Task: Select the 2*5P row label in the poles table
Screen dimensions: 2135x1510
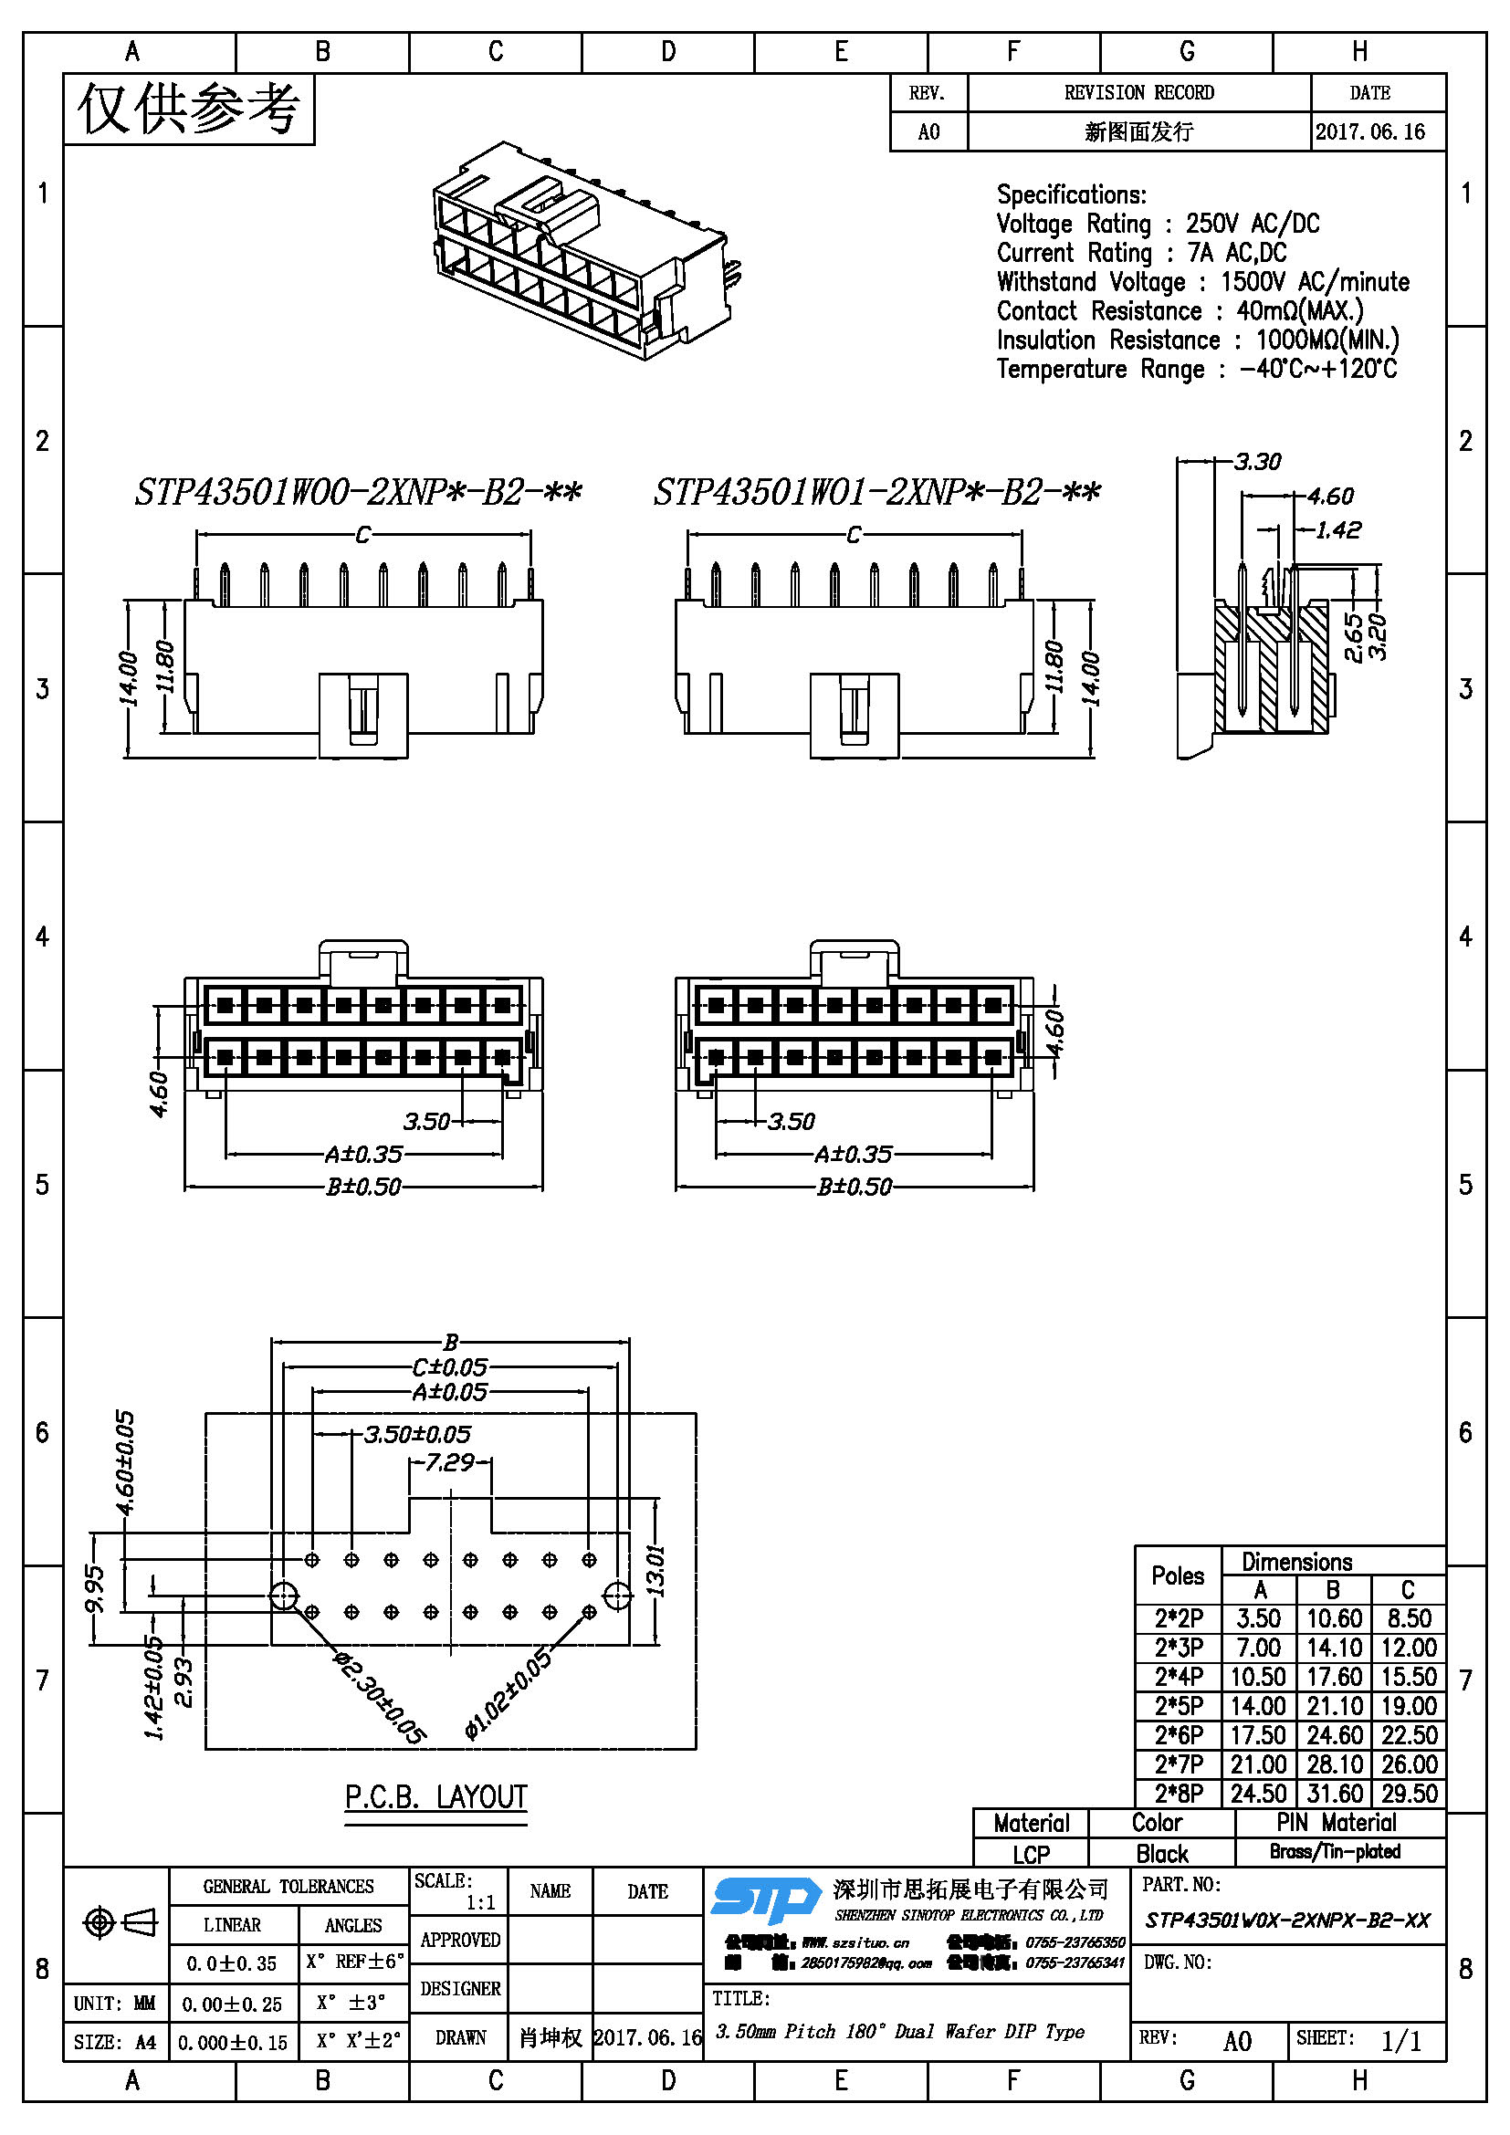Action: (1178, 1706)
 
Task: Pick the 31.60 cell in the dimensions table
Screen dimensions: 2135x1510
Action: (1333, 1794)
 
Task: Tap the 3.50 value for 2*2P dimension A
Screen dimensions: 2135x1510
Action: (1258, 1619)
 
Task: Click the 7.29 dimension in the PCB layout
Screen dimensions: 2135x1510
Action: (450, 1462)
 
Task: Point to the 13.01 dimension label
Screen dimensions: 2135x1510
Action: (655, 1571)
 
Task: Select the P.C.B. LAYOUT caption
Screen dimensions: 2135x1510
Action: (436, 1797)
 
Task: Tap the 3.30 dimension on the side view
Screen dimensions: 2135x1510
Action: (1257, 461)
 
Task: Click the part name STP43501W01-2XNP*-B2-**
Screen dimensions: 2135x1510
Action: (876, 492)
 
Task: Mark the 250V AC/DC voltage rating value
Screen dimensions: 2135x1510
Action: (1252, 225)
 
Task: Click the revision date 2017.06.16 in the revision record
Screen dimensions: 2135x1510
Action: (1369, 132)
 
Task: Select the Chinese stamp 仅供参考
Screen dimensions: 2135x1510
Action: (189, 109)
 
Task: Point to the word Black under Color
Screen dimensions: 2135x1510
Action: (1161, 1854)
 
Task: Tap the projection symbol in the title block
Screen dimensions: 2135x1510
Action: (120, 1921)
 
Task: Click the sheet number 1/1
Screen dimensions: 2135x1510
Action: (1400, 2041)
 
